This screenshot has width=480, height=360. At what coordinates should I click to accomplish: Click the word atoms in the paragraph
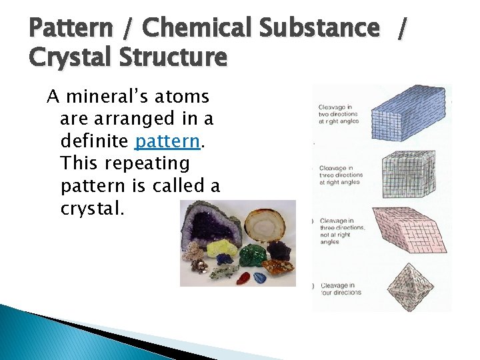click(181, 97)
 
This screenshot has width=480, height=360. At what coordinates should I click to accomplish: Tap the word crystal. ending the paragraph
click(92, 208)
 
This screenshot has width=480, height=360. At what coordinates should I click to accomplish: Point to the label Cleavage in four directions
click(340, 289)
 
